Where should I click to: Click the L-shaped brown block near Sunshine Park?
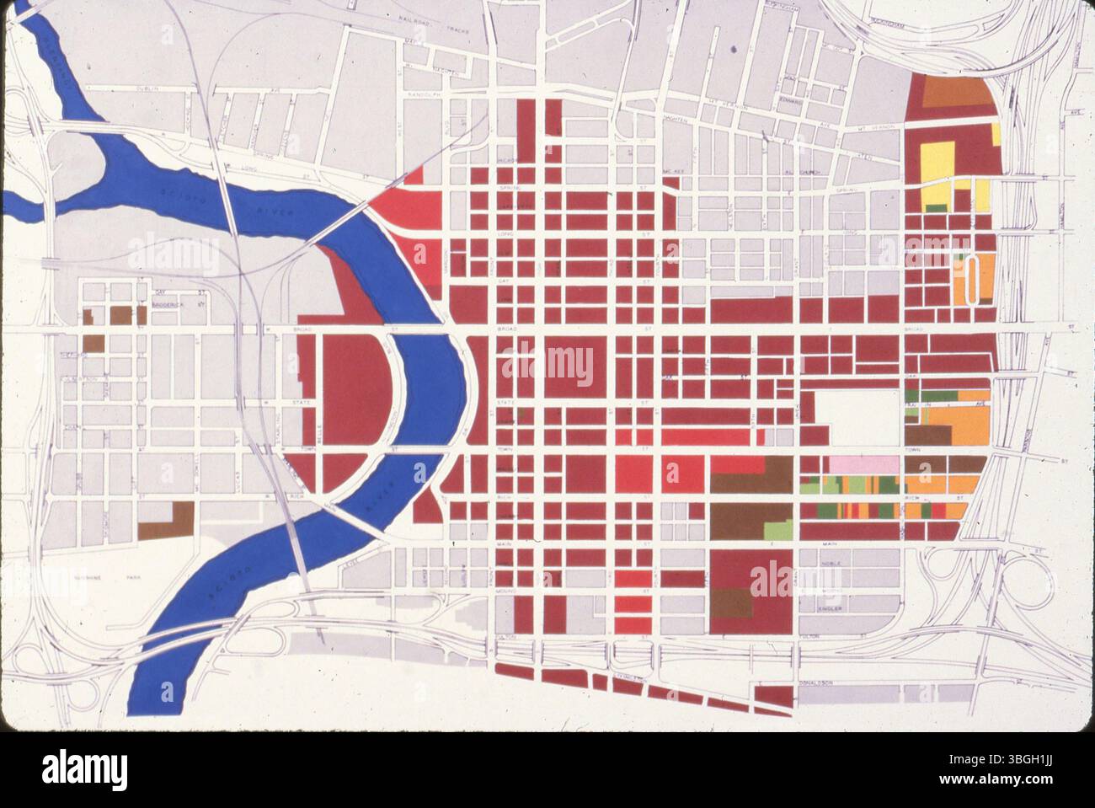point(168,521)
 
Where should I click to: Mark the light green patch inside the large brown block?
point(779,530)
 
